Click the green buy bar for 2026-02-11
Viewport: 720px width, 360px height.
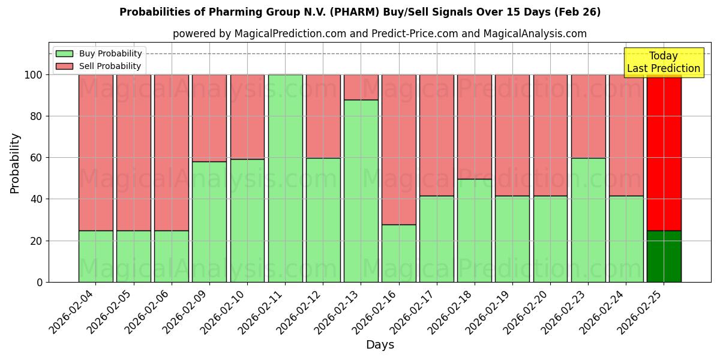285,178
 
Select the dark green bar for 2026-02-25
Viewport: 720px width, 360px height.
664,256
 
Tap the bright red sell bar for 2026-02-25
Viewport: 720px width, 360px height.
664,152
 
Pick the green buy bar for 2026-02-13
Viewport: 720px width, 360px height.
361,191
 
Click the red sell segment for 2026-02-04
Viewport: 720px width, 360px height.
96,152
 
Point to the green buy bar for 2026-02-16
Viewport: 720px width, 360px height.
398,253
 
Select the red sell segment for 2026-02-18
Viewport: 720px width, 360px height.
474,127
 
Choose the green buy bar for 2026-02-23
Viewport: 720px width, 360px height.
588,220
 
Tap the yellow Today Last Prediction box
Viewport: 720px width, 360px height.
663,62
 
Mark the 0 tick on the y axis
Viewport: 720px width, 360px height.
40,282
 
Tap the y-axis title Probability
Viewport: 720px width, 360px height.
15,163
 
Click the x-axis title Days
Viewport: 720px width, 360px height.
380,345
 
